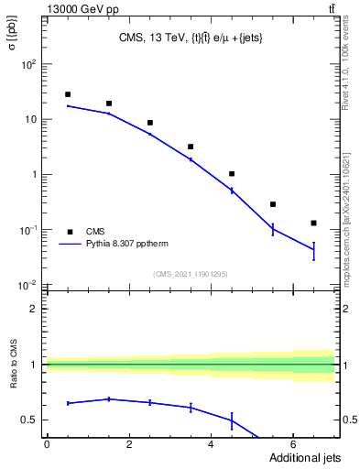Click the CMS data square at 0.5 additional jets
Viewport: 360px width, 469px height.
(68, 94)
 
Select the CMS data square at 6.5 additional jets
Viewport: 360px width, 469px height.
(313, 223)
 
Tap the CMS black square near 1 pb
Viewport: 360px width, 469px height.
(232, 173)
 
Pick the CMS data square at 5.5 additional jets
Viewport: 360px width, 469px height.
(273, 204)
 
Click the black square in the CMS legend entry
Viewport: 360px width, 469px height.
(68, 232)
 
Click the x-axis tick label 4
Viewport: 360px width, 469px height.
(211, 444)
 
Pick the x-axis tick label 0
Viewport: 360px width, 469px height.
(47, 444)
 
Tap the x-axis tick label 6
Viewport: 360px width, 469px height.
(292, 444)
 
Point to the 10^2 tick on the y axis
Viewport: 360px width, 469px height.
(28, 64)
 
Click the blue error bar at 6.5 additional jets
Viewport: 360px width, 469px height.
(313, 250)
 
